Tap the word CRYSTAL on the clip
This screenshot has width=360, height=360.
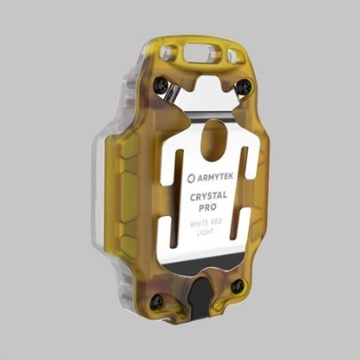(208, 196)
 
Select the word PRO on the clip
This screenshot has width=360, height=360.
(207, 207)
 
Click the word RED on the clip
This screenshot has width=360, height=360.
(216, 222)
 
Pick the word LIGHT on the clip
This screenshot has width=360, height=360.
(205, 232)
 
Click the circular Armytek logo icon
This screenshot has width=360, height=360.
(192, 179)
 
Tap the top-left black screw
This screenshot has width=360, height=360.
(160, 85)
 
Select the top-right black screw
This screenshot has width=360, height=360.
(245, 86)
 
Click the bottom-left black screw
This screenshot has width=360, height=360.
(157, 302)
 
